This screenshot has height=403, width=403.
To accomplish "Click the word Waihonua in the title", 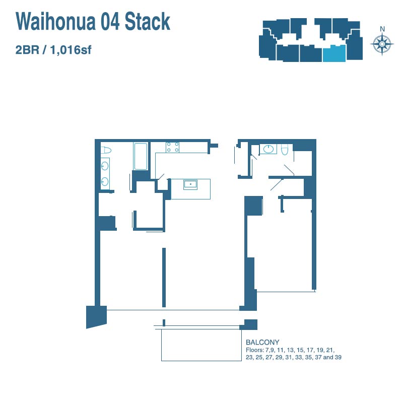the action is point(55,21).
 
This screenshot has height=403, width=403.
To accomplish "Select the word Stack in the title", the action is point(147,21).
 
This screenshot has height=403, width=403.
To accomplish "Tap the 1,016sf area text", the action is point(71,50).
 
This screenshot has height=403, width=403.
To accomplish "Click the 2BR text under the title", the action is point(27,49).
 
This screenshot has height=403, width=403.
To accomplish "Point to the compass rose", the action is point(382,44).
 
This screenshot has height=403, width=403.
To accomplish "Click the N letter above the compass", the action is point(382,29).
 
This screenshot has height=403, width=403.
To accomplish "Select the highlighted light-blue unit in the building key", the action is point(334,53).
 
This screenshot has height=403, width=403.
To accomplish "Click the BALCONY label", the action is point(262,343).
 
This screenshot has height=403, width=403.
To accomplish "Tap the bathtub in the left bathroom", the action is point(141,157).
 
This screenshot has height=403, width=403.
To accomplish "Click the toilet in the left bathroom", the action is point(106,150).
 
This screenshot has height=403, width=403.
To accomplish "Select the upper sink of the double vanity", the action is point(105,166).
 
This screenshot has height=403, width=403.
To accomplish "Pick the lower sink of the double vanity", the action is point(105,181).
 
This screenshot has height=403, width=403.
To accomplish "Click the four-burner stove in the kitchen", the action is point(172,147).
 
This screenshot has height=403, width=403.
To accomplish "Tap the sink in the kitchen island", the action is point(190,184).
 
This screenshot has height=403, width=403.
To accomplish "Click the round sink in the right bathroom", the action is point(268,149).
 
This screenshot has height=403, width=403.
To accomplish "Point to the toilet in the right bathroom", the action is point(285,150).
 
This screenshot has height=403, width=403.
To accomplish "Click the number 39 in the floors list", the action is point(338,357).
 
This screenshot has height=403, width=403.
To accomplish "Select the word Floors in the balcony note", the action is point(255,350).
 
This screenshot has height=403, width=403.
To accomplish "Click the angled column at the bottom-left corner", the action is point(96,317).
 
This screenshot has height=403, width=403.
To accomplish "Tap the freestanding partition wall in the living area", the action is point(164,278).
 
